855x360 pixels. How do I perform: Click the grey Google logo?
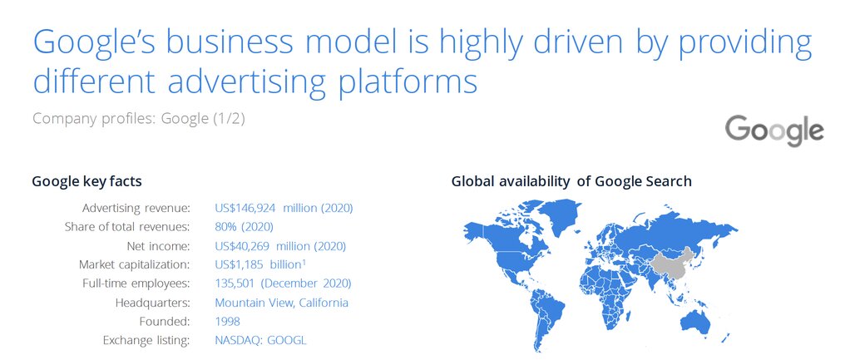(774, 131)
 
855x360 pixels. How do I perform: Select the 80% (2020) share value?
(244, 227)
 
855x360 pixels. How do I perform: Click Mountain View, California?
(281, 303)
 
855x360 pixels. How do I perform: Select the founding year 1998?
(227, 321)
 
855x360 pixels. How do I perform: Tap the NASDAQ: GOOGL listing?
(260, 340)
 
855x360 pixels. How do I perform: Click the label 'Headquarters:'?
(153, 303)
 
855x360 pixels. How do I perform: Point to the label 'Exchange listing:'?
(146, 340)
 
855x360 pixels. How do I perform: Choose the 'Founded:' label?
(165, 321)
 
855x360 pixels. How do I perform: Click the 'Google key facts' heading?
(87, 181)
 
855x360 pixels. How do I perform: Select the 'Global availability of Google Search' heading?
(571, 181)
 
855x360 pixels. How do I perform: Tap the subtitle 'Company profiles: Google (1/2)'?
(139, 118)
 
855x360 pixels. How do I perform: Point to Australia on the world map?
(694, 321)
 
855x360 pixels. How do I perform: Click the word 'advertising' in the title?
(247, 80)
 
